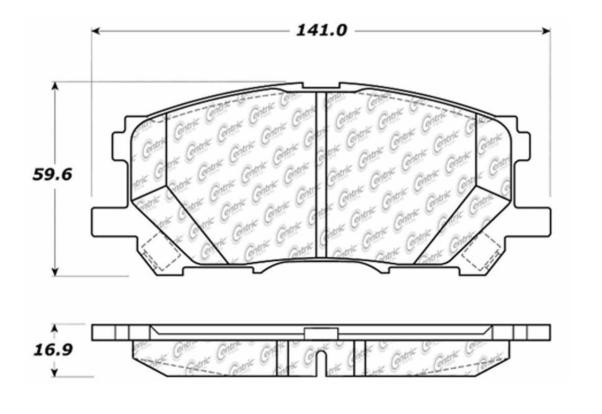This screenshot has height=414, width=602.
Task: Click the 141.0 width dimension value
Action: point(321,31)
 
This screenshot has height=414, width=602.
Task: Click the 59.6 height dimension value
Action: point(52,175)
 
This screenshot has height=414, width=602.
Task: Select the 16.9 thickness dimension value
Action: point(53,350)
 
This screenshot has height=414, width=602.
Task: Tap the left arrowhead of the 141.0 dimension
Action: point(96,31)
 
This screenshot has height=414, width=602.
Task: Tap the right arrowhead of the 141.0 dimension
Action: point(546,31)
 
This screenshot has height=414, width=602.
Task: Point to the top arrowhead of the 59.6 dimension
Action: point(55,86)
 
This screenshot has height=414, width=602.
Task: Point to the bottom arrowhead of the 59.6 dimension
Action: point(55,272)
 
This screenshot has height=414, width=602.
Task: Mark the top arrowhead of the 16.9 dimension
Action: point(55,329)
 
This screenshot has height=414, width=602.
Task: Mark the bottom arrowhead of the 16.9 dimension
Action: point(55,373)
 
